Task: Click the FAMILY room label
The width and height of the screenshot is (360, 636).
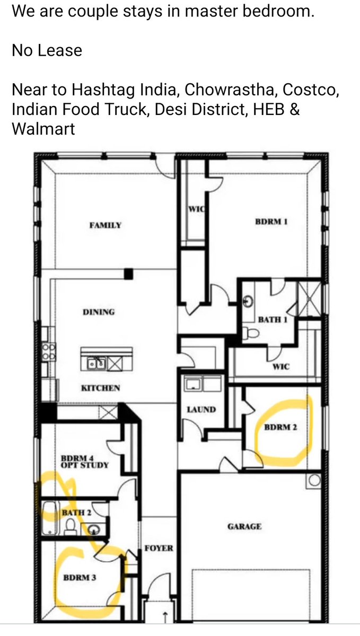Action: click(105, 225)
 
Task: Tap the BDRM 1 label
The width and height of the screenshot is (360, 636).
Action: click(271, 222)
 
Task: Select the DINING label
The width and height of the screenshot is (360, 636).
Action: click(99, 312)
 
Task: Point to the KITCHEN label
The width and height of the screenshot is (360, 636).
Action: click(101, 388)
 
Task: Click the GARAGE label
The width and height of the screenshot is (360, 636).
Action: click(244, 527)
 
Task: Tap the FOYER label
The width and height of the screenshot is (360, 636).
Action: click(159, 548)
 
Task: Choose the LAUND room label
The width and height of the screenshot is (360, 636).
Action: click(201, 409)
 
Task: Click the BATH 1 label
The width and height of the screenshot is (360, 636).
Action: click(273, 320)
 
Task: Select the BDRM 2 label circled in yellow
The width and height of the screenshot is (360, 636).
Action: click(280, 427)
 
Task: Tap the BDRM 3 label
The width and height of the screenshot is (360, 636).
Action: click(80, 578)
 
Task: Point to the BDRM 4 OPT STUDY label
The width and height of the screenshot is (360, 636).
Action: click(85, 462)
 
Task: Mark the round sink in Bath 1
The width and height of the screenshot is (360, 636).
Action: click(249, 301)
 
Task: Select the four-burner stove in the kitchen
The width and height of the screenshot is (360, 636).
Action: click(49, 351)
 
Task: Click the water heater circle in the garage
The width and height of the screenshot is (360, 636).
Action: click(314, 481)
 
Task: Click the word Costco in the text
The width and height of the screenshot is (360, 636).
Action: click(311, 90)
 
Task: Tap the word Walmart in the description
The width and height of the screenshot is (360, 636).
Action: click(43, 129)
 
